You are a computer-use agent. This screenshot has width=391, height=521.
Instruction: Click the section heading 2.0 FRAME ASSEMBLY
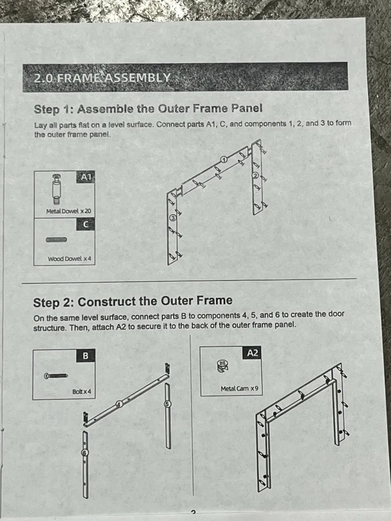(102, 78)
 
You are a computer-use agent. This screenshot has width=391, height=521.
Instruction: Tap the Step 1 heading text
(148, 109)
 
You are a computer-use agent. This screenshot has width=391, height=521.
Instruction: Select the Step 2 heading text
(133, 302)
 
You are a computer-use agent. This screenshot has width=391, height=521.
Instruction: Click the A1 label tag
(86, 177)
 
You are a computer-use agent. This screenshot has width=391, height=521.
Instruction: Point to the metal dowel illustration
(56, 189)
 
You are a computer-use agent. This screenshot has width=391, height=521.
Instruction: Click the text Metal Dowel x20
(69, 211)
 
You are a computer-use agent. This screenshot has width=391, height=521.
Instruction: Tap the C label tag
(86, 224)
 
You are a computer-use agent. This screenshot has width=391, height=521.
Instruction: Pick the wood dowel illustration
(56, 240)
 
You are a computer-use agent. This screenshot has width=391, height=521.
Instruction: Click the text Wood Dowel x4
(69, 259)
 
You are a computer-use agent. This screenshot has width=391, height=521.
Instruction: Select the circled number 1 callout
(224, 160)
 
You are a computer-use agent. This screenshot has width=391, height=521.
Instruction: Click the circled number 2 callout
(256, 176)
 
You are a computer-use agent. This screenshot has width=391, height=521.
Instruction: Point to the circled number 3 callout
(172, 218)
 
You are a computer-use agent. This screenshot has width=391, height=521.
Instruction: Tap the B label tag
(86, 356)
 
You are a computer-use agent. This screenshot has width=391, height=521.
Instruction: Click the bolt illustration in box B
(56, 376)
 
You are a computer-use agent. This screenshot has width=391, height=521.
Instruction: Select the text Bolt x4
(82, 392)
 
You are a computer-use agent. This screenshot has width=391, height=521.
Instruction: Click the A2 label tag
(252, 353)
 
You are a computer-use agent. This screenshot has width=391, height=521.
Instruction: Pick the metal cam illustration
(223, 366)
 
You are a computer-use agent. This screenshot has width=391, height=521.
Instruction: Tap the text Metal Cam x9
(239, 388)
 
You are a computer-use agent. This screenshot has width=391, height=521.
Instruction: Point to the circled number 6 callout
(85, 452)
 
